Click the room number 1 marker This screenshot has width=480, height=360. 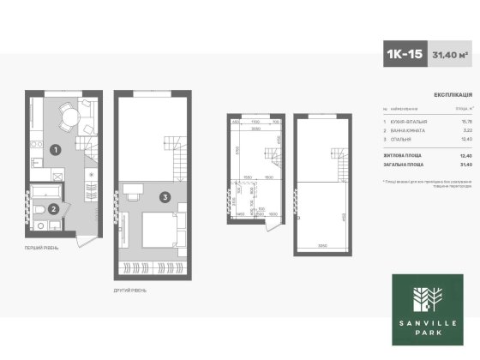(54, 150)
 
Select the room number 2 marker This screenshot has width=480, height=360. (54, 207)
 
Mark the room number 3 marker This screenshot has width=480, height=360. (164, 196)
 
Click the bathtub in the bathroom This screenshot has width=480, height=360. (45, 189)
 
